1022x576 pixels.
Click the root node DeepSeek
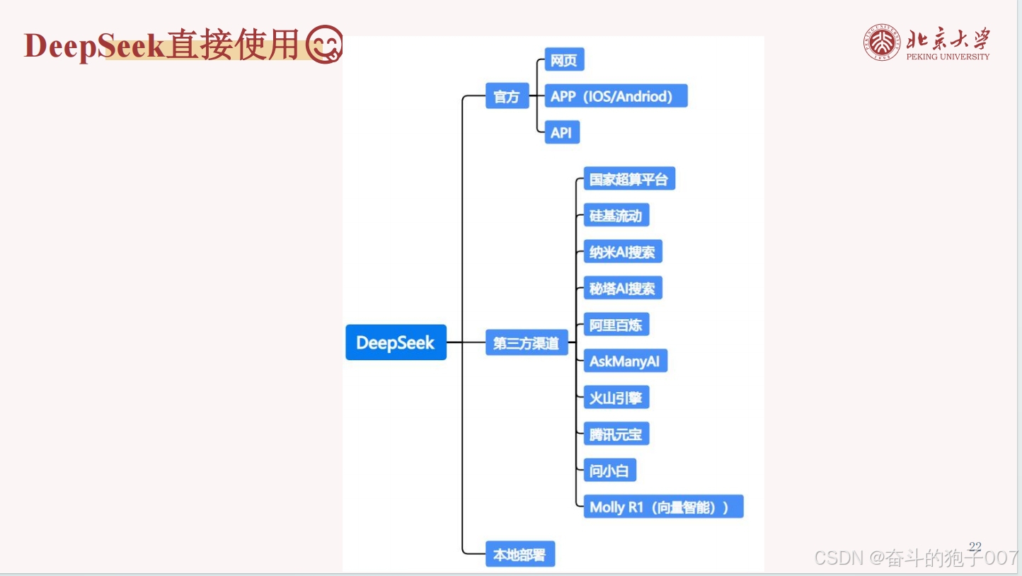[x=396, y=342]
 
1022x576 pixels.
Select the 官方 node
[x=507, y=96]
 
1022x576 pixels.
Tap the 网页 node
[x=564, y=60]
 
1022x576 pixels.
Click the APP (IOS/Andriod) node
[x=615, y=96]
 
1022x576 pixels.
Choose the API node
[x=561, y=132]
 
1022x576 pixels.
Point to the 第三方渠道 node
[x=526, y=343]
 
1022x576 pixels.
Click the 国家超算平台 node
[x=628, y=179]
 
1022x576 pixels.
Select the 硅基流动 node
[x=616, y=215]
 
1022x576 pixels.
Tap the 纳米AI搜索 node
[x=622, y=252]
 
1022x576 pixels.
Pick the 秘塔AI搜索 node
[x=622, y=288]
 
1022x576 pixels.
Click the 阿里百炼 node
[x=616, y=325]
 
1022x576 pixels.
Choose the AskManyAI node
[x=624, y=361]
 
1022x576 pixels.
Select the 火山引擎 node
[x=616, y=398]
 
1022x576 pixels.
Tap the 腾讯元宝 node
[x=616, y=434]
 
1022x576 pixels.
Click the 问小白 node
[x=609, y=470]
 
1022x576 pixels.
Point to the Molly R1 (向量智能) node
[x=662, y=507]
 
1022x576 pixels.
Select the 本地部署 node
[x=519, y=555]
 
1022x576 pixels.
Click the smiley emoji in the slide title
[x=325, y=45]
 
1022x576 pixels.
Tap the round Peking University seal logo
[x=881, y=42]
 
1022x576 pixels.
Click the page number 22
[x=975, y=546]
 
